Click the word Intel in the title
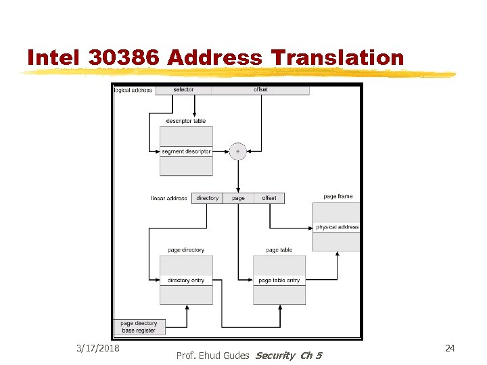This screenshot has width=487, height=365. [x=54, y=58]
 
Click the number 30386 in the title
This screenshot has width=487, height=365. [x=124, y=58]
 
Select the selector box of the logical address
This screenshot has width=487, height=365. [x=183, y=90]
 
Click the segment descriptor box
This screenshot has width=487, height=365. [x=186, y=151]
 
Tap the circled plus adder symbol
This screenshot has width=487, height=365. [x=237, y=151]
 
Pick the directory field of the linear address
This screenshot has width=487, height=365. [x=207, y=198]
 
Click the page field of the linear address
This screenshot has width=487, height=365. [x=238, y=198]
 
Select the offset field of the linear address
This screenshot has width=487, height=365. [x=269, y=198]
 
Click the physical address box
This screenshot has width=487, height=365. [x=337, y=227]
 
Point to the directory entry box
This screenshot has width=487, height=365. [x=186, y=281]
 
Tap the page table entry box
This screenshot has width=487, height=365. [x=279, y=281]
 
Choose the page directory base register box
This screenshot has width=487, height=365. [x=138, y=327]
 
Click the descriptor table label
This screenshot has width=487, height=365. [x=186, y=121]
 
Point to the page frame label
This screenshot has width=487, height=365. [x=338, y=197]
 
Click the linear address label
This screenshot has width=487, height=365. [x=169, y=198]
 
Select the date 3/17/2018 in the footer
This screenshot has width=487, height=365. [x=98, y=347]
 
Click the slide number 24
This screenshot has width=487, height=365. [x=450, y=347]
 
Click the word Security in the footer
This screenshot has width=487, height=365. [x=275, y=356]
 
